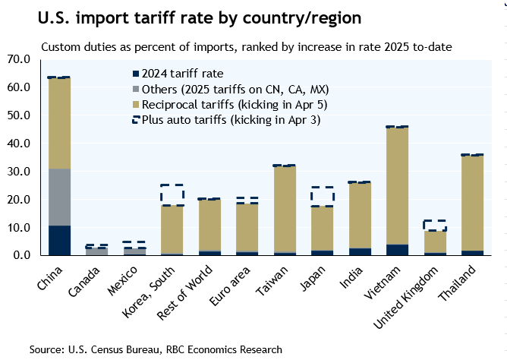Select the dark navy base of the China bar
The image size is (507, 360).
click(x=58, y=240)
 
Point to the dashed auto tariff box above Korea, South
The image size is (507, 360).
click(x=172, y=194)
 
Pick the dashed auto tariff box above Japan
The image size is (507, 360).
click(x=321, y=196)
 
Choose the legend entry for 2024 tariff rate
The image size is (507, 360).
click(x=174, y=74)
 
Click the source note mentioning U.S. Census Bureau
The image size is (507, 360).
click(x=156, y=349)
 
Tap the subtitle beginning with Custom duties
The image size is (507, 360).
click(x=247, y=47)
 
